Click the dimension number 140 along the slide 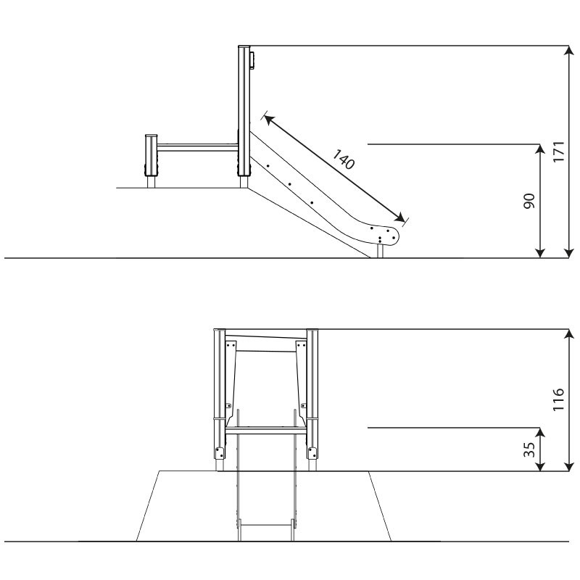(344, 159)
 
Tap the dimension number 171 (558, 152)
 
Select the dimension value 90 (530, 201)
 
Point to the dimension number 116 (558, 399)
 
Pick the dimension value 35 (530, 449)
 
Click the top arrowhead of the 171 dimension (569, 51)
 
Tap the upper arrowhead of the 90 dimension (540, 149)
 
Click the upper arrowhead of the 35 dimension (540, 433)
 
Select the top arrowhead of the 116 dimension (569, 334)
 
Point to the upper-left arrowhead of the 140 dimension (268, 119)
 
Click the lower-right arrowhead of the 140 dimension (400, 218)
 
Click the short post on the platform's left (152, 161)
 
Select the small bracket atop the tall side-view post (252, 60)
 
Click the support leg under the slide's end (380, 250)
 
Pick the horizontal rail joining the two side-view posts (198, 147)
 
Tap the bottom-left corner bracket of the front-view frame (220, 452)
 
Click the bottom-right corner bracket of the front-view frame (312, 452)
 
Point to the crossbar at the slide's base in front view (265, 524)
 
